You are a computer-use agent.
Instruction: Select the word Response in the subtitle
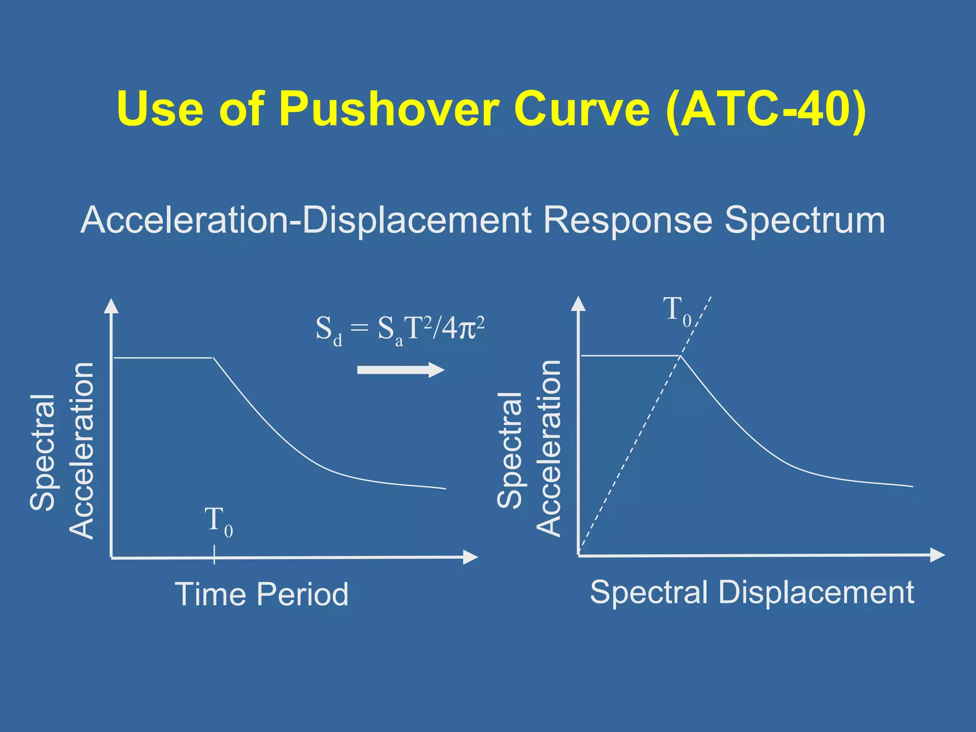(628, 220)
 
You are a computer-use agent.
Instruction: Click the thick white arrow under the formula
(400, 370)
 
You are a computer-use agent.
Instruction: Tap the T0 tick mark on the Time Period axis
(214, 556)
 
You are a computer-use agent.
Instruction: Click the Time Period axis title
(262, 594)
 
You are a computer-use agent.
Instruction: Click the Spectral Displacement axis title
(752, 592)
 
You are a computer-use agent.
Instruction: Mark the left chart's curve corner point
(213, 357)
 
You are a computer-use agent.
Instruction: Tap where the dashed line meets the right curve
(680, 356)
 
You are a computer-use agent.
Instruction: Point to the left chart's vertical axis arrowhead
(111, 306)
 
